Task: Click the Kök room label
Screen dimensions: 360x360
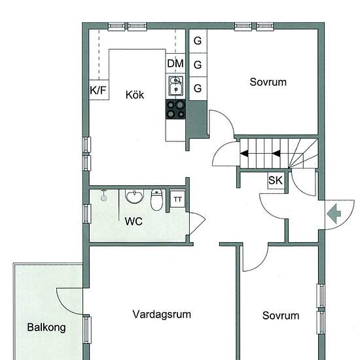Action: (x=135, y=95)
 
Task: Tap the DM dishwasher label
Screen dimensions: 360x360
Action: (x=175, y=63)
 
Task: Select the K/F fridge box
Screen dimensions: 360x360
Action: (x=99, y=90)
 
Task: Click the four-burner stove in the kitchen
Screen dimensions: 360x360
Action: (x=175, y=109)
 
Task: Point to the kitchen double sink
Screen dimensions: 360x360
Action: (x=176, y=86)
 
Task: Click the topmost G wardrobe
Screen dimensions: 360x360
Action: (x=198, y=41)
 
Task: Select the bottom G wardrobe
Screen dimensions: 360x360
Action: (x=198, y=88)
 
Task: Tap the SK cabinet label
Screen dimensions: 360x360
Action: (x=276, y=180)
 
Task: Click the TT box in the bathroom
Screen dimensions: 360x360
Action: (x=177, y=199)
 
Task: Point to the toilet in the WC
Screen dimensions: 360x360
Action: (x=156, y=200)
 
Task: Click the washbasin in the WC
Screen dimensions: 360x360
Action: (x=134, y=196)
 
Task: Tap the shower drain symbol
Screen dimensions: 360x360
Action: (x=104, y=197)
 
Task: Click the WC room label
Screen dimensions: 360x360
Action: (x=134, y=221)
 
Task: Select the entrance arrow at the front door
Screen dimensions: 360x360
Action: (x=334, y=214)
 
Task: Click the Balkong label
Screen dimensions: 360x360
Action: (x=46, y=327)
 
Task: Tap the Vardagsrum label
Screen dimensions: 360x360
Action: (x=162, y=315)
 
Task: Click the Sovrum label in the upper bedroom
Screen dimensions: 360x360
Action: (x=268, y=82)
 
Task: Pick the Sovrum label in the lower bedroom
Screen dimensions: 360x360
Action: (x=281, y=315)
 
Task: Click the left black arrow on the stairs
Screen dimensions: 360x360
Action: (x=244, y=153)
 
